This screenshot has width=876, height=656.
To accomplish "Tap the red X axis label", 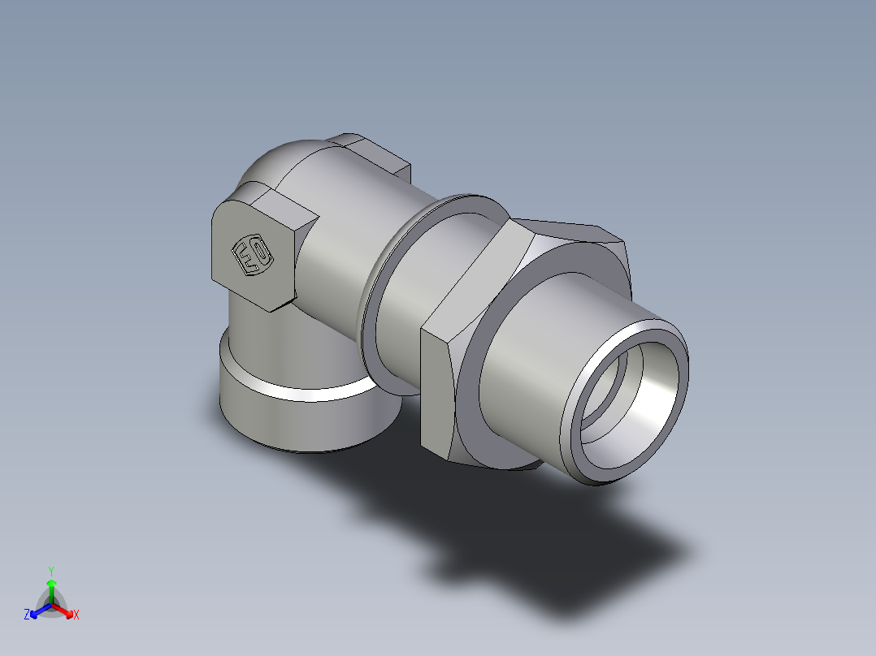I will (x=76, y=615).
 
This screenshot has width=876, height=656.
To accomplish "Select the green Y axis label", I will (x=51, y=570).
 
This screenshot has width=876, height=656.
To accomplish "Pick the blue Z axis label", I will (x=27, y=615).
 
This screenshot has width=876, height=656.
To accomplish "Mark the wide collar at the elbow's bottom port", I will (x=301, y=414).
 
